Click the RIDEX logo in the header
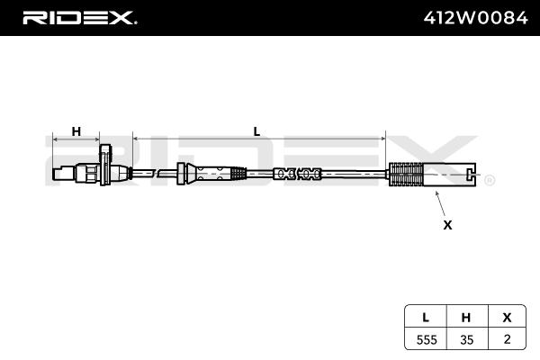click(x=79, y=17)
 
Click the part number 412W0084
click(x=474, y=17)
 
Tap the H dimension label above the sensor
click(x=76, y=131)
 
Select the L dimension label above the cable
click(x=256, y=131)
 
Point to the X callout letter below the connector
click(x=447, y=225)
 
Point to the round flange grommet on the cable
click(x=184, y=173)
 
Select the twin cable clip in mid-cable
click(x=297, y=174)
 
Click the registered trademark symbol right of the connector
click(x=490, y=180)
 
